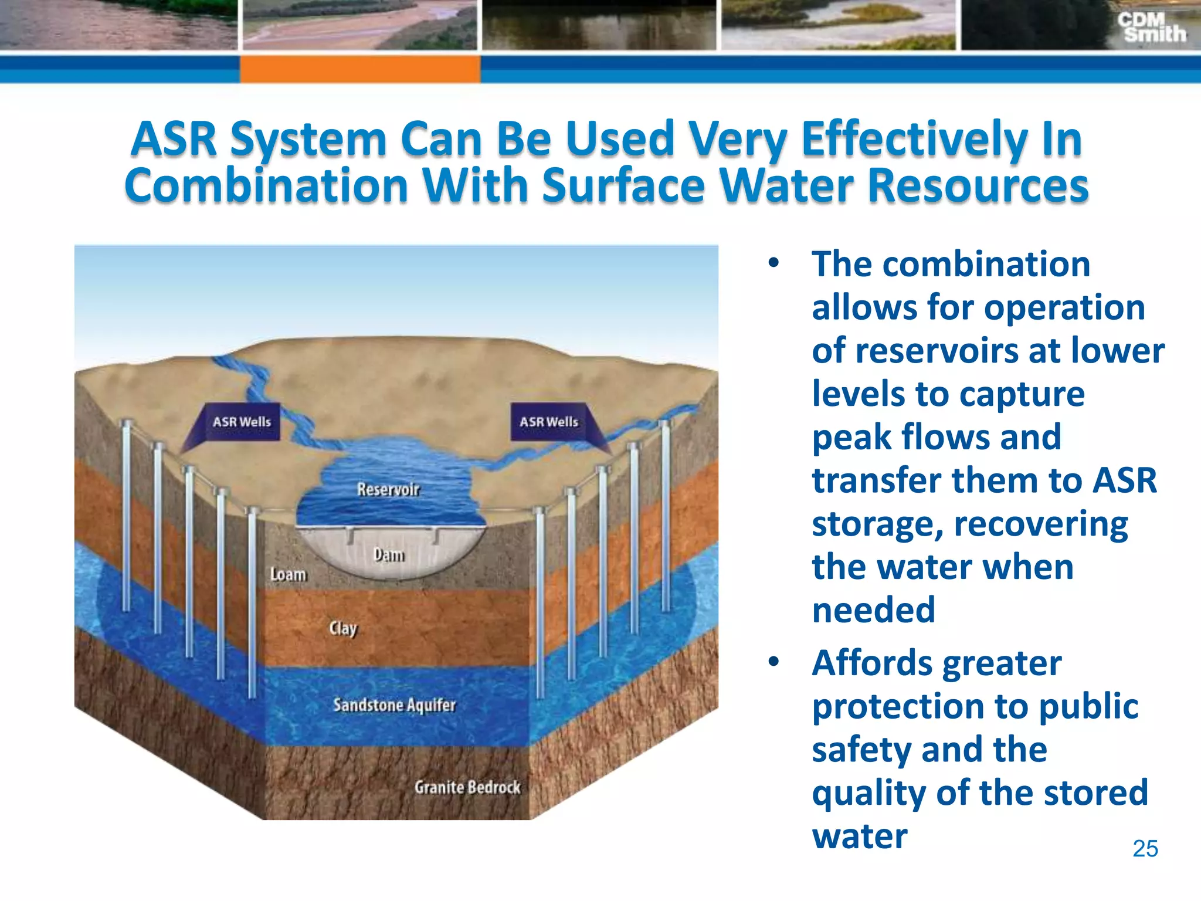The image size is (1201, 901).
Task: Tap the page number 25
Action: pyautogui.click(x=1145, y=849)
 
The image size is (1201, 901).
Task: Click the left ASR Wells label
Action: pyautogui.click(x=242, y=422)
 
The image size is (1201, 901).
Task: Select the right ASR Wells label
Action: pyautogui.click(x=548, y=422)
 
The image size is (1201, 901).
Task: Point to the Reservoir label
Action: pyautogui.click(x=388, y=489)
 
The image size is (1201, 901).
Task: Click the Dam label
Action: pyautogui.click(x=389, y=555)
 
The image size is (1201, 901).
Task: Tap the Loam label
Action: pyautogui.click(x=288, y=574)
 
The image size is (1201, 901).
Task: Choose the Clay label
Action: pyautogui.click(x=343, y=628)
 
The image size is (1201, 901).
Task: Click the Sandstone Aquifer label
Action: pyautogui.click(x=394, y=704)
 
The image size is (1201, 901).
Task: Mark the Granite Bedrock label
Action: pyautogui.click(x=467, y=787)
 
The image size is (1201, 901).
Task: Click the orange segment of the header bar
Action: pyautogui.click(x=359, y=69)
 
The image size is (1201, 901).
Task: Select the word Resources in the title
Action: pyautogui.click(x=978, y=186)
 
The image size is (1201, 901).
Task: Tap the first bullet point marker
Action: pyautogui.click(x=773, y=263)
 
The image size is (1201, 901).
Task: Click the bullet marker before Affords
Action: pyautogui.click(x=773, y=662)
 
